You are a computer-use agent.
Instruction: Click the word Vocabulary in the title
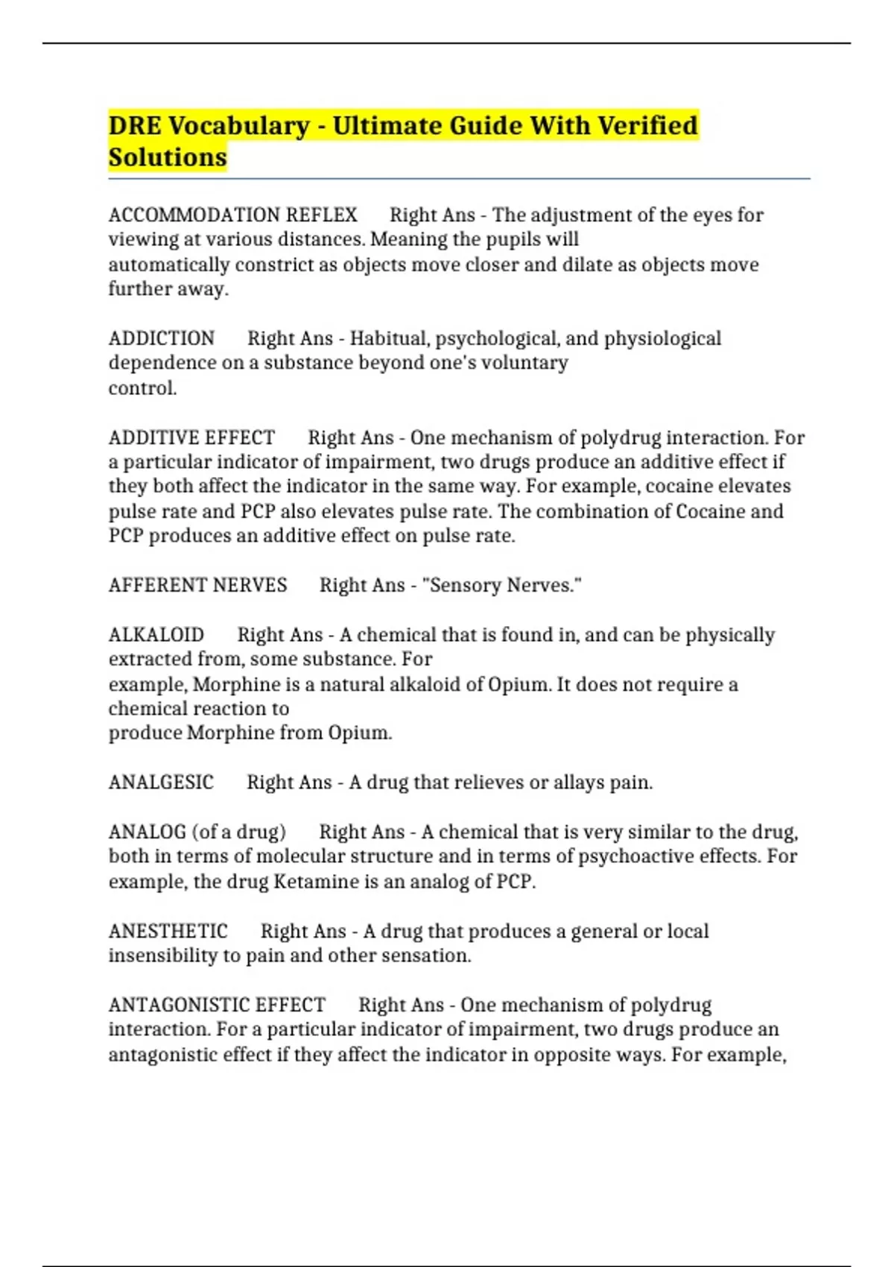point(238,126)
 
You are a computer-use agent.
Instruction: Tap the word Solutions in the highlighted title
point(168,158)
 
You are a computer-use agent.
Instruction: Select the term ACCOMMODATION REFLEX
point(232,215)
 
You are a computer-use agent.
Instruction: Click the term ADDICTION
point(162,338)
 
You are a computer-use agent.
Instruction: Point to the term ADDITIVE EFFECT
point(191,437)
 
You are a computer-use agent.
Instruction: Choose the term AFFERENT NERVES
point(197,585)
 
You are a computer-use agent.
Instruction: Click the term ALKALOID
point(156,635)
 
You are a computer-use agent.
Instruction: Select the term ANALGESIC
point(161,783)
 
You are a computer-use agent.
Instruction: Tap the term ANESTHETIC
point(168,932)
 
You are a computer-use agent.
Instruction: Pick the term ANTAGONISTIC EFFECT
point(217,1005)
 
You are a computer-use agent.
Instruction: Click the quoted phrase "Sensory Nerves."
point(501,585)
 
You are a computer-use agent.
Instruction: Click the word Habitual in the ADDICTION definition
point(390,338)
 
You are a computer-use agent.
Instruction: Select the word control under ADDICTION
point(142,388)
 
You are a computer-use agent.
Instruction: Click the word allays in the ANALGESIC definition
point(578,783)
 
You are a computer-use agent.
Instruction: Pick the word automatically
point(169,265)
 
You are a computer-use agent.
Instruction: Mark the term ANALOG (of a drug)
point(197,832)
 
